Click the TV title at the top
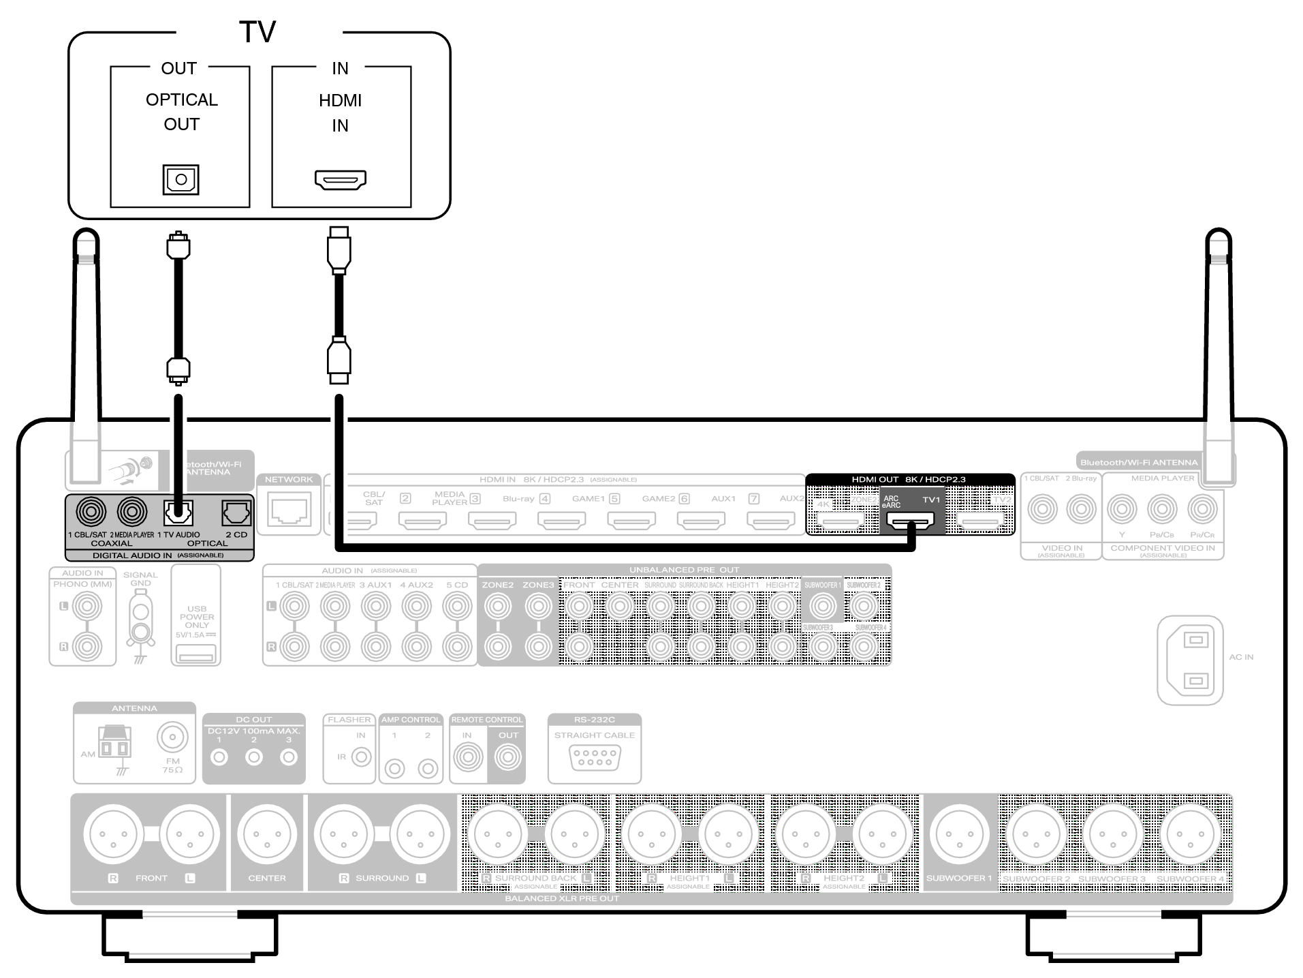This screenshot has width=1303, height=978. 257,32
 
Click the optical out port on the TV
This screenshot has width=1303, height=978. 180,180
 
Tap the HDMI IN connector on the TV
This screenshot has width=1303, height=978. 340,180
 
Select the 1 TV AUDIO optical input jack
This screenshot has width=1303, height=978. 178,513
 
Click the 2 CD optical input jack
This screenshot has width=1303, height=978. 236,513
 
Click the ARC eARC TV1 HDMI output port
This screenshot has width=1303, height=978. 910,522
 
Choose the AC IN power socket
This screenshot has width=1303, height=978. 1190,660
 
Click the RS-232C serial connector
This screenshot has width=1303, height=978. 595,758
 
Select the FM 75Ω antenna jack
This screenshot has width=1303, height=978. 172,737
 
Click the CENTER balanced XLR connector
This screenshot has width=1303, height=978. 267,834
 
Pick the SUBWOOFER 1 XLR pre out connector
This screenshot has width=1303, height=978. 959,834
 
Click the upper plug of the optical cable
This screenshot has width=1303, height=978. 178,245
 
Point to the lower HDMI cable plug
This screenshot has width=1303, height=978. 339,359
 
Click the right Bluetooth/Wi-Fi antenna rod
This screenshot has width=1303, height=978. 1219,354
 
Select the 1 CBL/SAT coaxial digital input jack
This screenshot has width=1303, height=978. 91,511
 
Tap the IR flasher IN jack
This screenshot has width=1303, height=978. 361,757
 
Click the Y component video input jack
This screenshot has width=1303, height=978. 1122,509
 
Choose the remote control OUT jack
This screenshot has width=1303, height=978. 507,757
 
